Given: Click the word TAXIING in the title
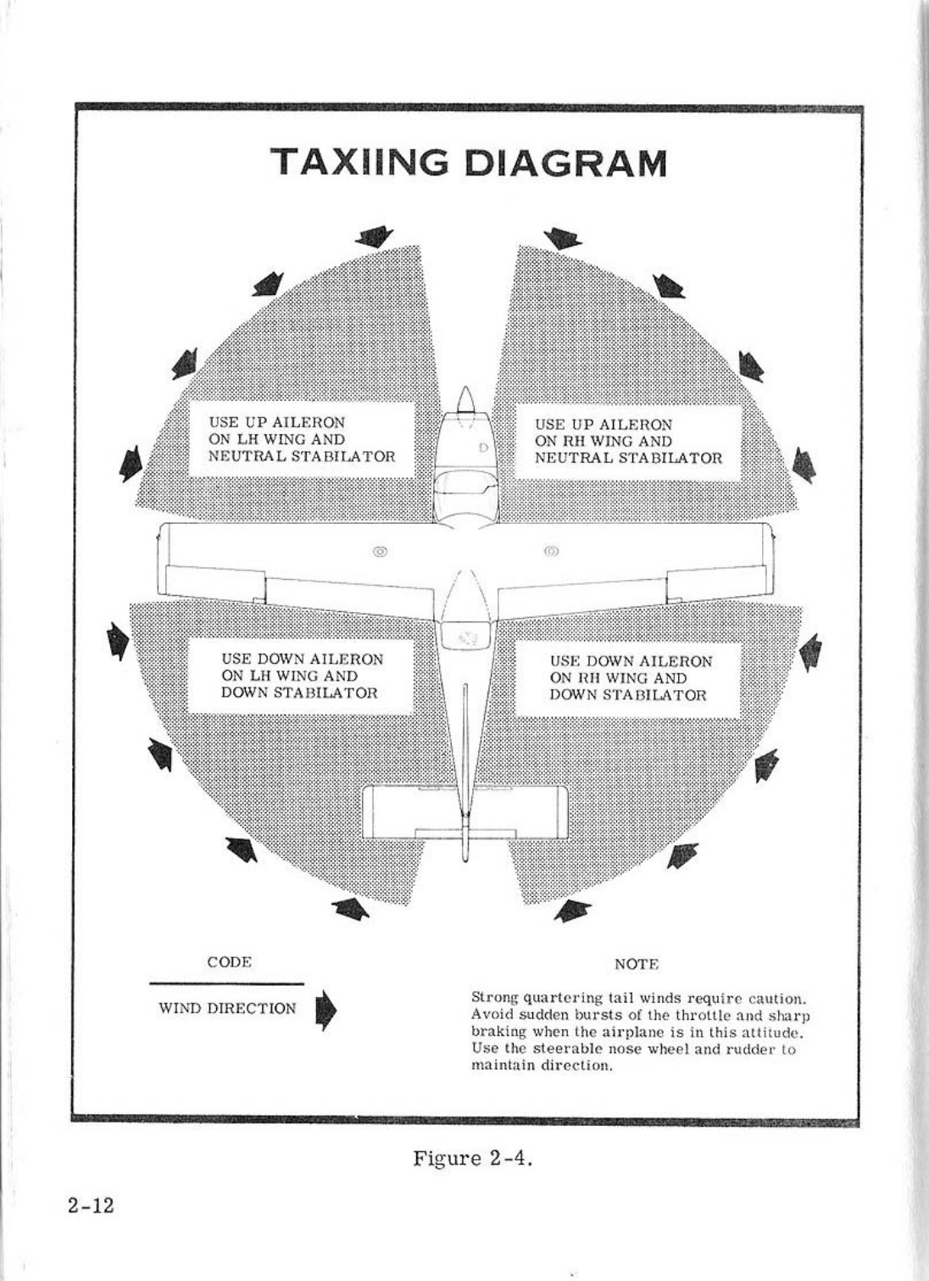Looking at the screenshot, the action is coord(361,164).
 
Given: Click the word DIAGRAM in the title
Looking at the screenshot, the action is coord(566,164).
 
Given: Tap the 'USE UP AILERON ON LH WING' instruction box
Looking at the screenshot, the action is coord(301,440).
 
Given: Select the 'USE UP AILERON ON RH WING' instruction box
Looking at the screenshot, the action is coord(628,442).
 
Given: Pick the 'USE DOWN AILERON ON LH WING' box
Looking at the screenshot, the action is coord(301,677).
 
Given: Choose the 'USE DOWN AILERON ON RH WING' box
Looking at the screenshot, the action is coord(628,678).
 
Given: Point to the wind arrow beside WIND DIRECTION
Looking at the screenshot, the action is coord(325,1011).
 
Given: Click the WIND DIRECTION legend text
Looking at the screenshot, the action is coord(227,1009).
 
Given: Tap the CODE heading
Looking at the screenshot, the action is coord(229,962).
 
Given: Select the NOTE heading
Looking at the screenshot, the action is coord(636,964).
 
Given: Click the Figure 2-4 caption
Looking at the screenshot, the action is coord(472,1158).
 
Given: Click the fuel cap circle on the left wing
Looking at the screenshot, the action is coord(381,552).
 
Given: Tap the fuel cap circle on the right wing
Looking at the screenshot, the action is coord(552,552).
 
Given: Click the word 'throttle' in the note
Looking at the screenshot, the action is coord(684,1015).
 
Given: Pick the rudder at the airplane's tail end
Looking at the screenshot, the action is coord(464,839).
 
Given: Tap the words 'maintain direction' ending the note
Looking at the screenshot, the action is coord(540,1066).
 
